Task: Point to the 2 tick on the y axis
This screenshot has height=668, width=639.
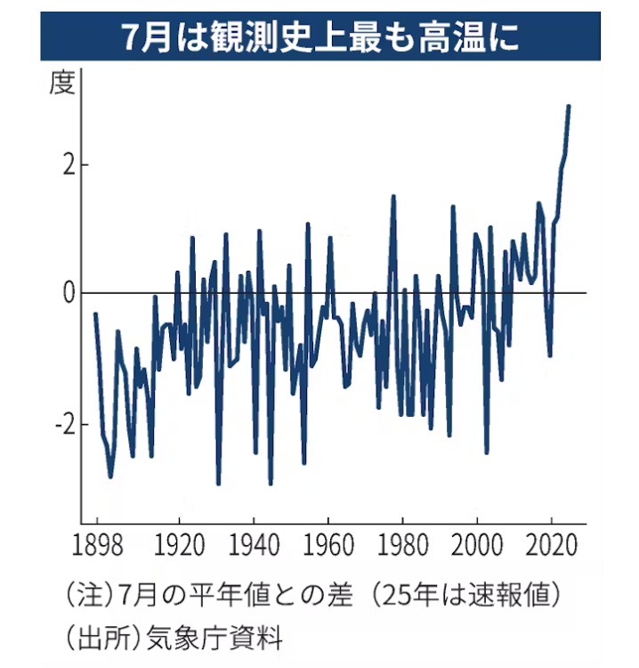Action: click(69, 165)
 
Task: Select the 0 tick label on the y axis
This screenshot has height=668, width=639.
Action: click(69, 293)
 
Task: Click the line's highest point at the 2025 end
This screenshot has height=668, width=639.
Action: click(569, 106)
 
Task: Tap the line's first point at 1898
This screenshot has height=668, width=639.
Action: click(95, 314)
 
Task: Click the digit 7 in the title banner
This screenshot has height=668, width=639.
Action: click(131, 36)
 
